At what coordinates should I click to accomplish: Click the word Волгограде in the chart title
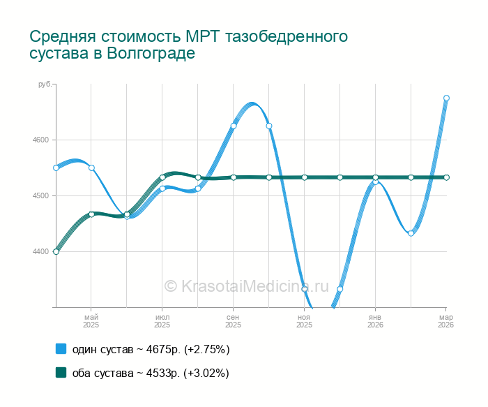tap(151, 53)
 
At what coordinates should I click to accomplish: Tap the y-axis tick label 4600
tap(40, 140)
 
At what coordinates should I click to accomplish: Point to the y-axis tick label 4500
tap(40, 195)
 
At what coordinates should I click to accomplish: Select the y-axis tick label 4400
tap(40, 251)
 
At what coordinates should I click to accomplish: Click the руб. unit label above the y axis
tap(44, 84)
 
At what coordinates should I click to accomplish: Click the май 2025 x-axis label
tap(91, 321)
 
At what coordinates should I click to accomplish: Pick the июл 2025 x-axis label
tap(162, 321)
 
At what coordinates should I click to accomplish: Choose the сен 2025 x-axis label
tap(233, 321)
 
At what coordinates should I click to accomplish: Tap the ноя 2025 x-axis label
tap(304, 321)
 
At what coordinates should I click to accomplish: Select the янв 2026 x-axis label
tap(375, 321)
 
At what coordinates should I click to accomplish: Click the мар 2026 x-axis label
tap(445, 321)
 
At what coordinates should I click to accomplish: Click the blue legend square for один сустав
tap(61, 348)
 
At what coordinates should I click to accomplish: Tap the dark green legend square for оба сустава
tap(61, 373)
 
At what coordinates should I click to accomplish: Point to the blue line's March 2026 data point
tap(446, 98)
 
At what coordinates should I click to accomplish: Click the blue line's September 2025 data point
tap(234, 126)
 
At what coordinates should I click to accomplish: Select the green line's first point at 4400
tap(56, 251)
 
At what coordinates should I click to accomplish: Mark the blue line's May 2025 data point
tap(91, 168)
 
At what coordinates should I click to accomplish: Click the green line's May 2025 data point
tap(91, 214)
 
